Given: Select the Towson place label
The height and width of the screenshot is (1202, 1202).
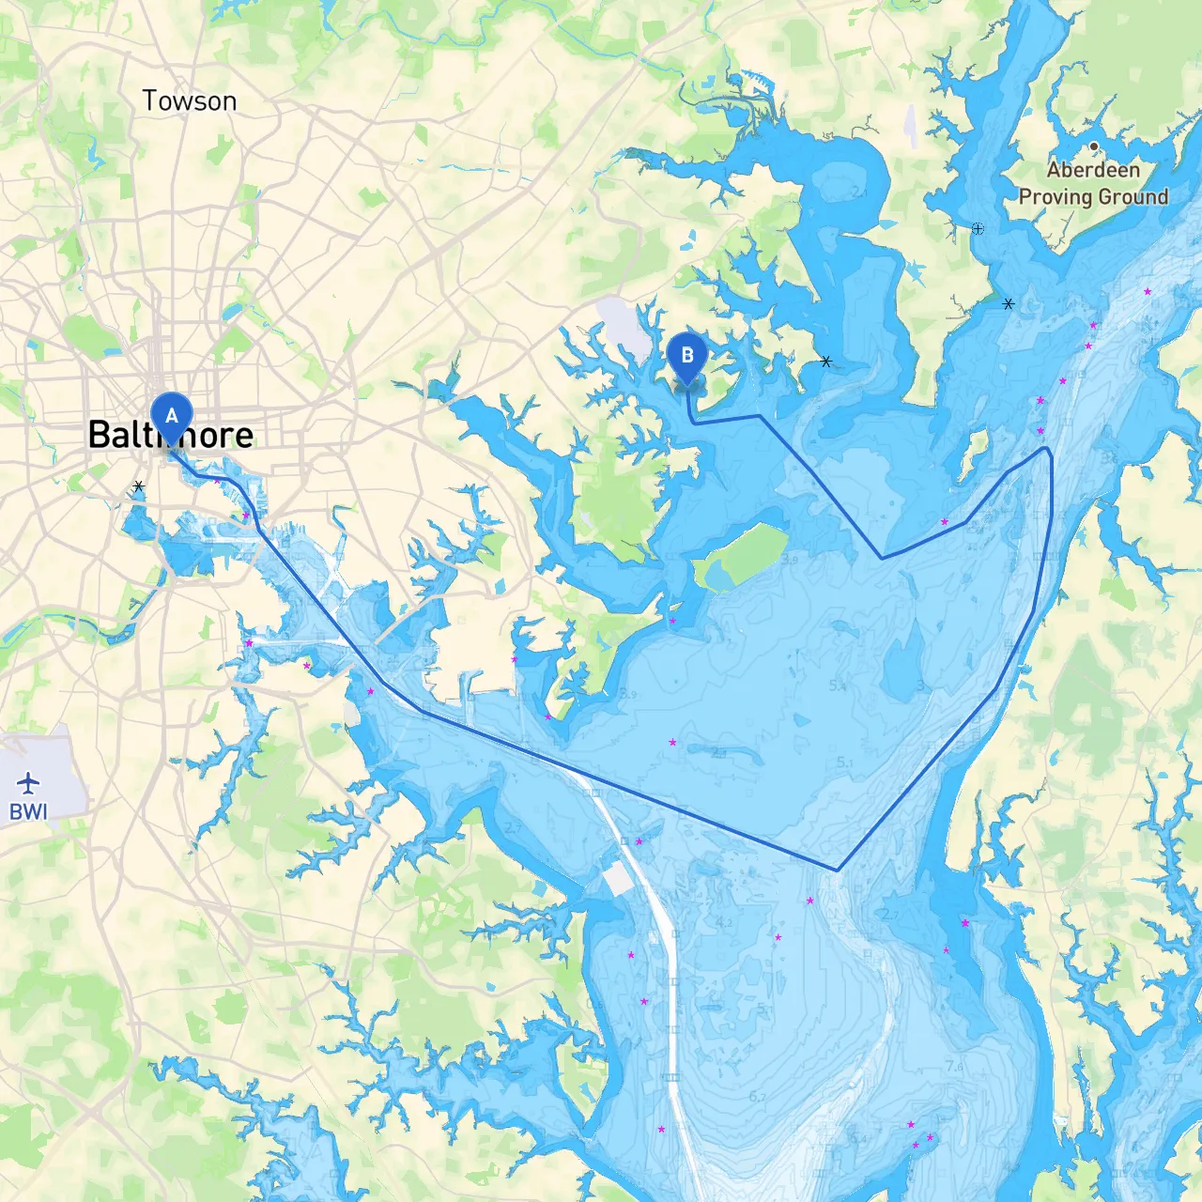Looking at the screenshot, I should point(190,100).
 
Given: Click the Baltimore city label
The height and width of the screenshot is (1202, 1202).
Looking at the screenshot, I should point(171,435).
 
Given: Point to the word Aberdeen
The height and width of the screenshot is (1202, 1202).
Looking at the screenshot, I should point(1093,170).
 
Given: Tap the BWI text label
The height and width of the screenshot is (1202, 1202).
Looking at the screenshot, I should point(28,811).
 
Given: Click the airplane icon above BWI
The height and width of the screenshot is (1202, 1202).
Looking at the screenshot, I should point(28,781).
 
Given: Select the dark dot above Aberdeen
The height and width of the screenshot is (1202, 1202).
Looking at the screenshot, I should point(1094,146).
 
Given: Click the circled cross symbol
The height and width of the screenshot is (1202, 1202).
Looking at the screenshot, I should point(978,228).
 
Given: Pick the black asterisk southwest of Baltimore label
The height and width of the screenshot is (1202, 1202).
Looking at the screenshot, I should point(139,486).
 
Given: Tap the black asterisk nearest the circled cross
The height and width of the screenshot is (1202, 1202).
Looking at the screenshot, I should point(1009,304).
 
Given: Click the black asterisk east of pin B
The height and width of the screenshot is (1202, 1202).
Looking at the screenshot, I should point(826,362).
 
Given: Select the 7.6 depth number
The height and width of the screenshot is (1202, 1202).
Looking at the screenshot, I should point(954,1066).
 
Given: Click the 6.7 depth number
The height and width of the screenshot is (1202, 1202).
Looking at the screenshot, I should point(758,1096).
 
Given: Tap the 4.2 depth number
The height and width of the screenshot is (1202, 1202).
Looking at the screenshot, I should point(724,923).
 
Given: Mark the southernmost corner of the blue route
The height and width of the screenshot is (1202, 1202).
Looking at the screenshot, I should point(837,871).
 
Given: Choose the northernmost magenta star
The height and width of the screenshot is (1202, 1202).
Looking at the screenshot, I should point(1148,292).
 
